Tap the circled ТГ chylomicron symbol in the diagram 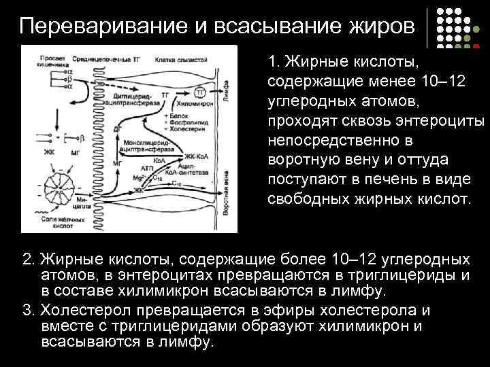[x=200, y=91]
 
